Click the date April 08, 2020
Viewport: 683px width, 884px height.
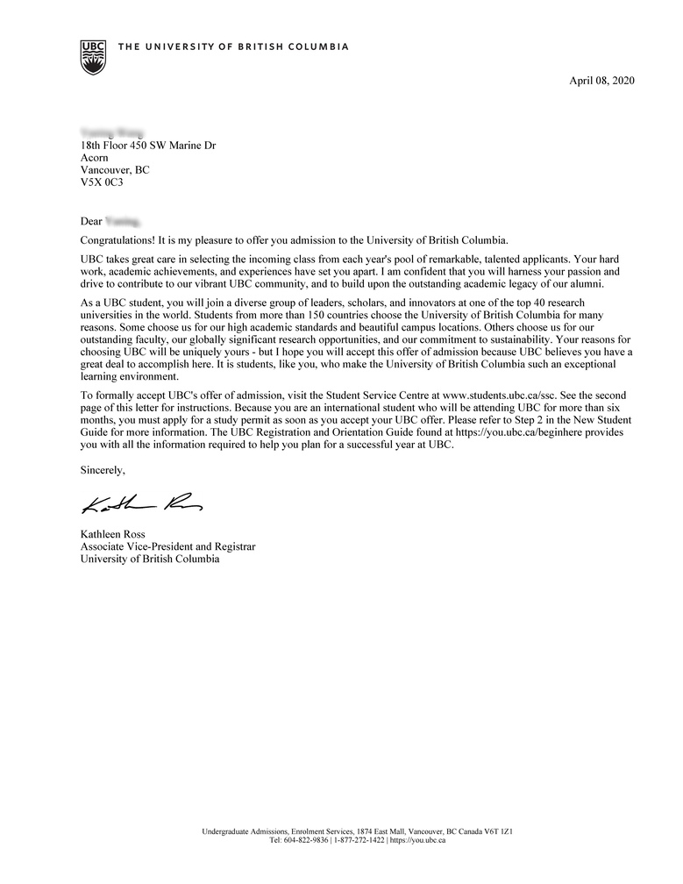[x=601, y=81]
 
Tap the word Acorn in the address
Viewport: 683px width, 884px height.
[x=94, y=158]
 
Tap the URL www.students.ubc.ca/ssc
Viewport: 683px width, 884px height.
[x=499, y=396]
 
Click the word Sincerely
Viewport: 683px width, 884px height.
[x=103, y=470]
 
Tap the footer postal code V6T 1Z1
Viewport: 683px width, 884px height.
[x=495, y=831]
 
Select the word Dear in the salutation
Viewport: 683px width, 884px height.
[x=91, y=222]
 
